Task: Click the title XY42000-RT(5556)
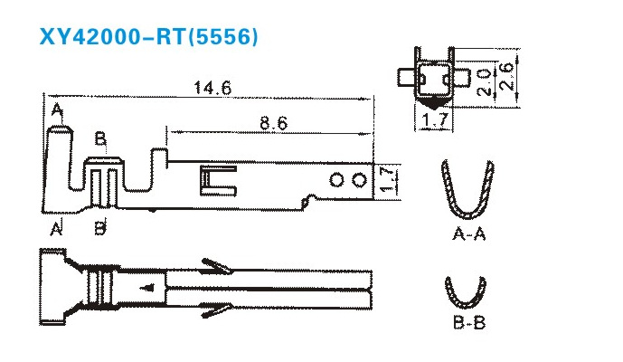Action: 148,36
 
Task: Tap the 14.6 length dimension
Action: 212,88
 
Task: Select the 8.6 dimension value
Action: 274,123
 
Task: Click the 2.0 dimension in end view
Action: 484,82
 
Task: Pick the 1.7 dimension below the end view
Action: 435,120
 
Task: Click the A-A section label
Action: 469,234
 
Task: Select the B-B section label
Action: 469,322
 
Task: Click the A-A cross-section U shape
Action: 467,189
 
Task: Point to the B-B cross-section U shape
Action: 466,292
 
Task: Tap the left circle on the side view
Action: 336,180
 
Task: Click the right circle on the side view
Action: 360,180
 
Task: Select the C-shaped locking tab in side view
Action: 218,181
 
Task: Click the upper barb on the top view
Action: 216,267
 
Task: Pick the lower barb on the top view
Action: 215,310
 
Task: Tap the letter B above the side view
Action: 100,139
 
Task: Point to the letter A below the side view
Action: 56,228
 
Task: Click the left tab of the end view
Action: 406,77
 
